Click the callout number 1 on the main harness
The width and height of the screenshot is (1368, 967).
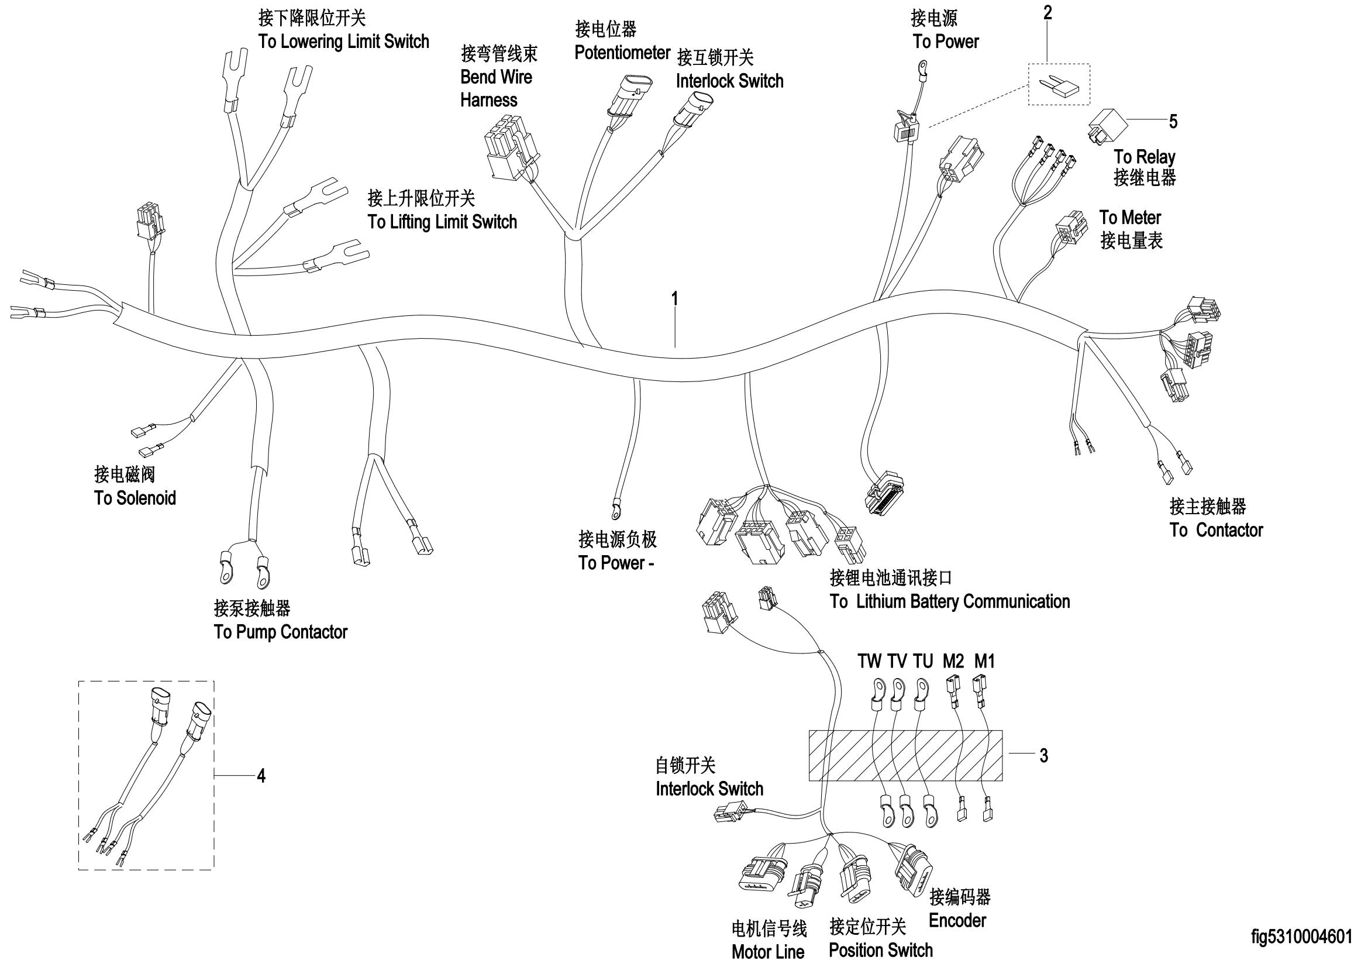coord(674,298)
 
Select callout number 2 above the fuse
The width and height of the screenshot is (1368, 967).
coord(1047,12)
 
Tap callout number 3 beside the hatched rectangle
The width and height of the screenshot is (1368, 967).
coord(1043,755)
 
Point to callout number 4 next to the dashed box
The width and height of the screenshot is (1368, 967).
coord(261,775)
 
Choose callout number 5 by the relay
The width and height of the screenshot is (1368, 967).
coord(1173,122)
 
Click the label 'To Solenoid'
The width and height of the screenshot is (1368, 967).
coord(135,498)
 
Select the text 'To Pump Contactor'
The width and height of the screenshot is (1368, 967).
coord(281,632)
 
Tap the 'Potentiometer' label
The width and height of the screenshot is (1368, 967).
coord(623,53)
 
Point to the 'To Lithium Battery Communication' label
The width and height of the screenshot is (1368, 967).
coord(950,601)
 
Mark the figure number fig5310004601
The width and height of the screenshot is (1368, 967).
coord(1302,937)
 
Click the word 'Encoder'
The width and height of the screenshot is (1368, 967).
coord(957,921)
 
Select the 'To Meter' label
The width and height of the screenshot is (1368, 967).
coord(1130,217)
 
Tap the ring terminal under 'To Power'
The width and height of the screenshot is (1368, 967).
coord(922,64)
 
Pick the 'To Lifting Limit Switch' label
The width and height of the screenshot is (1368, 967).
coord(442,222)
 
